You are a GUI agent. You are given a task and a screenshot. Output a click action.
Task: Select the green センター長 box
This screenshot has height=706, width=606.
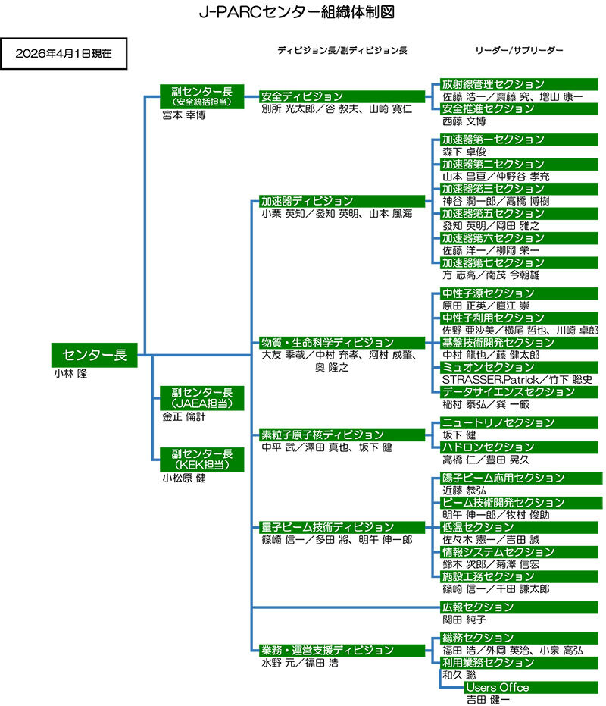click(94, 354)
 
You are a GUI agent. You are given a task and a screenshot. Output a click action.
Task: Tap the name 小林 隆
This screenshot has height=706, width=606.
click(70, 373)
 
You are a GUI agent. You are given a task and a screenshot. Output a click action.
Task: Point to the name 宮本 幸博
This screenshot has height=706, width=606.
click(184, 115)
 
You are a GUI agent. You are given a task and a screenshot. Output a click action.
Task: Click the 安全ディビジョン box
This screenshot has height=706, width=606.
click(342, 96)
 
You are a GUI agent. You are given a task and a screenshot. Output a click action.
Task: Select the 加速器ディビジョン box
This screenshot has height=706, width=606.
click(342, 201)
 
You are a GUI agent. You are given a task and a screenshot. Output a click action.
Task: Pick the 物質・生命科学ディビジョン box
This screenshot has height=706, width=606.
click(342, 343)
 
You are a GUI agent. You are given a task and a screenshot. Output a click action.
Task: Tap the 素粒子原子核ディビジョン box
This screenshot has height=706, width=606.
click(342, 435)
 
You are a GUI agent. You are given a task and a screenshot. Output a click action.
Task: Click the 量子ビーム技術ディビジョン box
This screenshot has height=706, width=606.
click(342, 527)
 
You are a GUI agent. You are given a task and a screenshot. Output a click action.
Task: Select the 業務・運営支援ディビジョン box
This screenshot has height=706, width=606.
click(342, 650)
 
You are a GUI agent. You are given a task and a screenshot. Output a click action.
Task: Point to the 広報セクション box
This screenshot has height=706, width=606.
click(520, 607)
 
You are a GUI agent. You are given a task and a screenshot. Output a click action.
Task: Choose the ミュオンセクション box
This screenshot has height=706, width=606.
click(520, 367)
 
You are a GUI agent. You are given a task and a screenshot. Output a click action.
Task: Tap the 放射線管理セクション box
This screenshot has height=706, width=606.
click(520, 84)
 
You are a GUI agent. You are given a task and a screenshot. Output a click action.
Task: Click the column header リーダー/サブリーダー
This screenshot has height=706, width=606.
click(519, 50)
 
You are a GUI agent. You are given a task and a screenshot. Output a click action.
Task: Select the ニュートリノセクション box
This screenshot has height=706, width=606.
click(520, 422)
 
